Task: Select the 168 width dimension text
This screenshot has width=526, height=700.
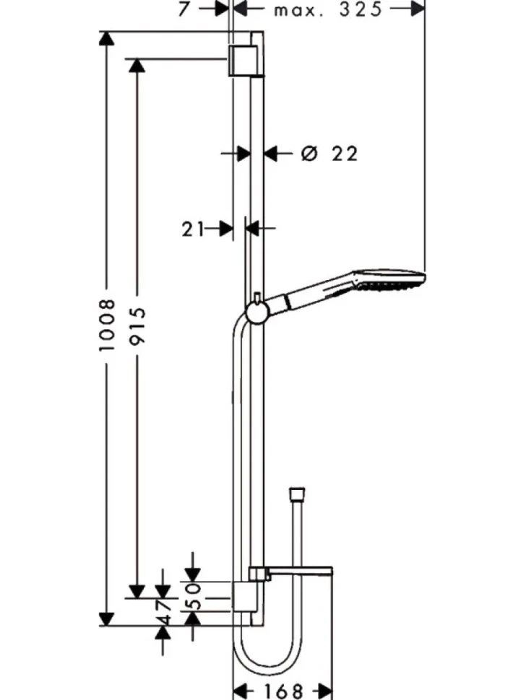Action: (x=283, y=691)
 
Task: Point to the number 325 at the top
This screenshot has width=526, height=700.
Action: (x=361, y=9)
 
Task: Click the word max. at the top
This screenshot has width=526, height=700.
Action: (x=298, y=11)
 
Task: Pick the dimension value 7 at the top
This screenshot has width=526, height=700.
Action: (x=184, y=9)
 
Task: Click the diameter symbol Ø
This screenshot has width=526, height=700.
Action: (x=309, y=154)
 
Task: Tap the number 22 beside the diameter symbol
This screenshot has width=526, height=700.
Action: (x=345, y=154)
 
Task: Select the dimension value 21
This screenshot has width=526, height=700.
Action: (x=192, y=229)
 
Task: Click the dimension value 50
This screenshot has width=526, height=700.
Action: (x=194, y=596)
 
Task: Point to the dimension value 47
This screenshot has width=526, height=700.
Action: (x=163, y=613)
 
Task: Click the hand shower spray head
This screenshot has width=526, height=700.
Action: (x=389, y=280)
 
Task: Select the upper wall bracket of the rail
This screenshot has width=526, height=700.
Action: (x=243, y=61)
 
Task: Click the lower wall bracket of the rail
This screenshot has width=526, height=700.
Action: (x=244, y=596)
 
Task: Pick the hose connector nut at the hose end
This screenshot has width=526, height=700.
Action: (x=297, y=493)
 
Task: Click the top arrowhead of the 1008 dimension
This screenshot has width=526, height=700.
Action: (x=106, y=38)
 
